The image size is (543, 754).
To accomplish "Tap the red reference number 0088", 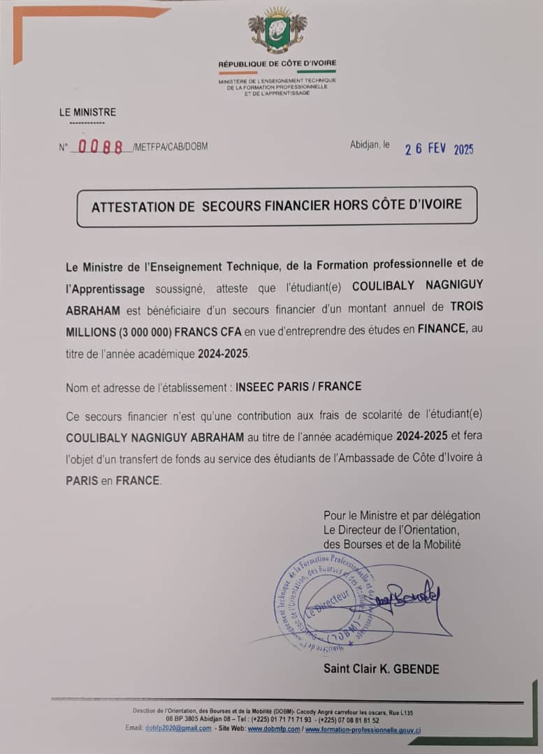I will click(101, 147).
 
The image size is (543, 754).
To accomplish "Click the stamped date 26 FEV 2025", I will click(439, 149).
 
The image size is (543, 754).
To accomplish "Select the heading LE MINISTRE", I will click(87, 112).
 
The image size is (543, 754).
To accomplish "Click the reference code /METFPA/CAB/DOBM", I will click(170, 147).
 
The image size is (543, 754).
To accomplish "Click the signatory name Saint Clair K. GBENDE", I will click(381, 669).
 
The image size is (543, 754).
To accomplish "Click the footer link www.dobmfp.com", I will click(274, 728).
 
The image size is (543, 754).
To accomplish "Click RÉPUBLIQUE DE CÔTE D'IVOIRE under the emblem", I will click(277, 64).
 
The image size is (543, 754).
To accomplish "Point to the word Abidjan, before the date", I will click(364, 145).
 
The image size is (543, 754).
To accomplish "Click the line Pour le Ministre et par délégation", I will click(401, 515).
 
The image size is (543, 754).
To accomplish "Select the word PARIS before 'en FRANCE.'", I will click(82, 480).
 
